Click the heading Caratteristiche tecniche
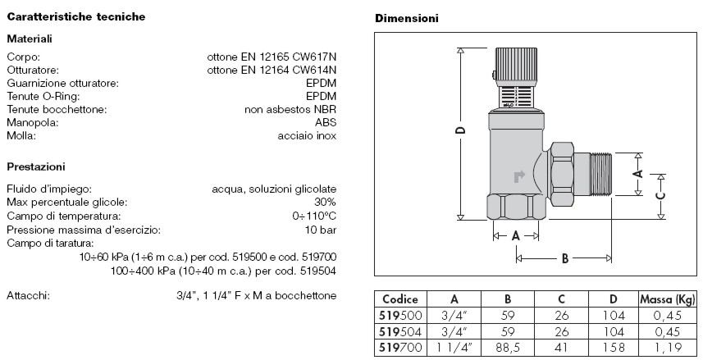[76, 16]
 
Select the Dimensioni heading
[406, 18]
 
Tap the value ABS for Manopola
[326, 122]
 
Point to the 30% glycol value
[324, 202]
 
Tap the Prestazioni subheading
[36, 166]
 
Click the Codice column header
[400, 299]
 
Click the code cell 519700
[400, 347]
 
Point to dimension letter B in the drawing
[564, 258]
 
